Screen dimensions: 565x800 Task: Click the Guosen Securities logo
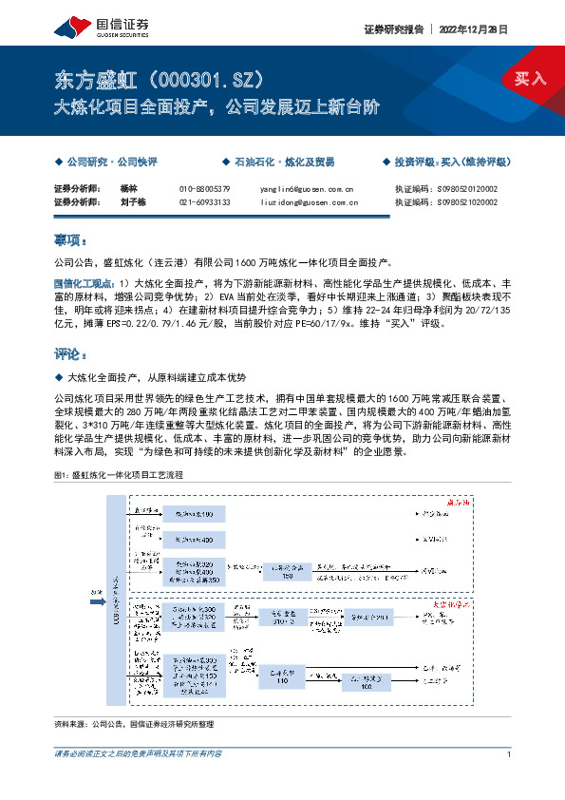coord(90,28)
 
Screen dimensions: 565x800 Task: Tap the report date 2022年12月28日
coord(473,29)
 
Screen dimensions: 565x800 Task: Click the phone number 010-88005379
coord(204,189)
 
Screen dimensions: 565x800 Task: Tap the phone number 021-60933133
coord(204,202)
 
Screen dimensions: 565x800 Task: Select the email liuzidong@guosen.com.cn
coord(309,202)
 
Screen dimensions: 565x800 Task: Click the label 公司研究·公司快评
coord(111,162)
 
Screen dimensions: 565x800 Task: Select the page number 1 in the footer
coord(510,753)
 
